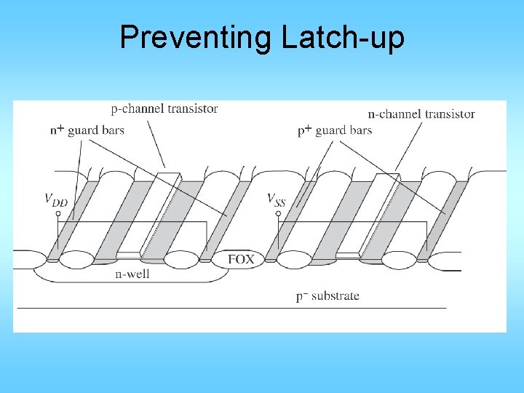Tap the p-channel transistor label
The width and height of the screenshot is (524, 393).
(164, 109)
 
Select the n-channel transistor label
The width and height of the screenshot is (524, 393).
(421, 114)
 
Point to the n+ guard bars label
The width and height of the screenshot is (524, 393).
(87, 131)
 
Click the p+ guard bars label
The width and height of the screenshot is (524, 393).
(335, 131)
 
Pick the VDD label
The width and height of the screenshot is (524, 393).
(55, 199)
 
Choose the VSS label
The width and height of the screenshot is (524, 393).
(276, 199)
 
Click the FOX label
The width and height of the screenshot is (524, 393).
(241, 259)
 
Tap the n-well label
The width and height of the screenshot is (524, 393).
(133, 274)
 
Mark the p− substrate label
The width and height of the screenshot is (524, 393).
(327, 296)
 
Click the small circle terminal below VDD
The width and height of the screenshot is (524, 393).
(58, 214)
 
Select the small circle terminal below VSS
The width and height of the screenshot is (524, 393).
(278, 214)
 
